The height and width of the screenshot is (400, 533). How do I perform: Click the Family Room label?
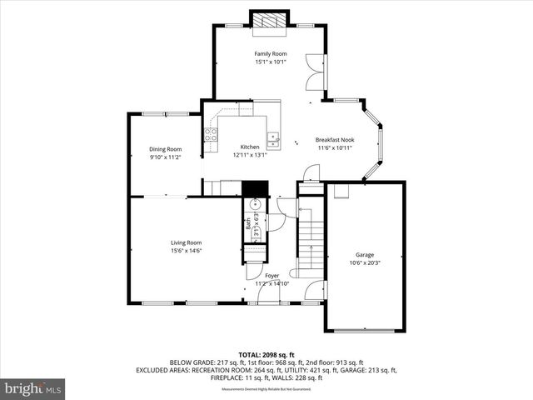click(x=270, y=53)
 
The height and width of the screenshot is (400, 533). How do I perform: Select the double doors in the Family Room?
click(x=315, y=71)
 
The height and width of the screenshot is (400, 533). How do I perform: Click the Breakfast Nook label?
click(x=335, y=139)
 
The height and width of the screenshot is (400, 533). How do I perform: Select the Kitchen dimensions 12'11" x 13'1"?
click(x=250, y=154)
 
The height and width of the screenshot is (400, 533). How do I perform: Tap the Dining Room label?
click(x=165, y=149)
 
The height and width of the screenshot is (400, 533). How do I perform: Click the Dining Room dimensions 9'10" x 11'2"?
click(x=165, y=157)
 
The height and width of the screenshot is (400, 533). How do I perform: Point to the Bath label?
click(x=248, y=222)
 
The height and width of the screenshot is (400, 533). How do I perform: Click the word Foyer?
click(x=272, y=275)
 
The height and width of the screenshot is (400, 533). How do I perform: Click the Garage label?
click(x=365, y=254)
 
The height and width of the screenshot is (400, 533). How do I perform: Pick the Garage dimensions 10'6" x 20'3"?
click(x=365, y=262)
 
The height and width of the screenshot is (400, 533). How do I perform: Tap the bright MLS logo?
click(x=33, y=388)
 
